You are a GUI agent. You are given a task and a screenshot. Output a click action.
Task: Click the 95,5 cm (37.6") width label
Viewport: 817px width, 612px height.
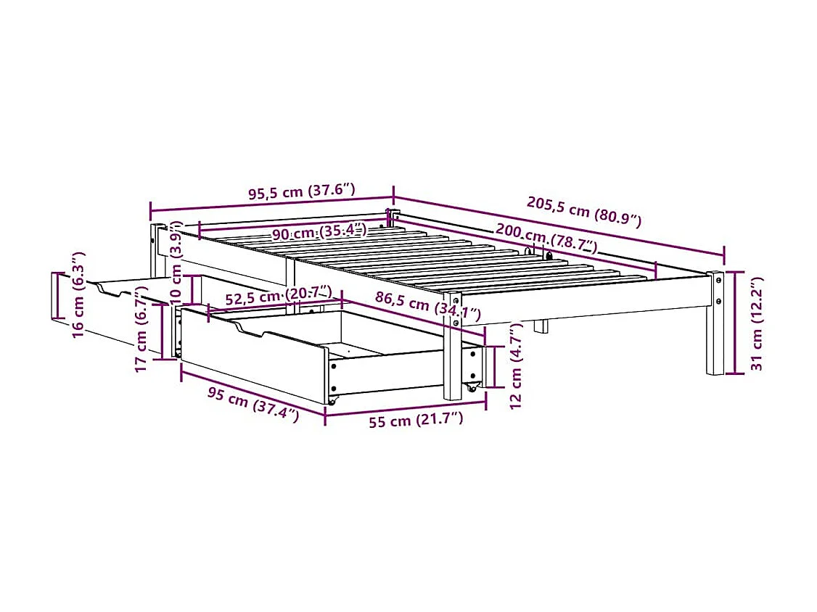[302, 193]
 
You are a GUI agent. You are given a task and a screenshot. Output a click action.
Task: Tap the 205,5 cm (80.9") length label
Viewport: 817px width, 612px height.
[584, 211]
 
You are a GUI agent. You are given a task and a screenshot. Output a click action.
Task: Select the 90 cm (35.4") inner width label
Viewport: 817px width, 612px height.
[319, 233]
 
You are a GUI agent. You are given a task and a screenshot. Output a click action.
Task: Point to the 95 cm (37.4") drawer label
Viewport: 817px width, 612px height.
[253, 405]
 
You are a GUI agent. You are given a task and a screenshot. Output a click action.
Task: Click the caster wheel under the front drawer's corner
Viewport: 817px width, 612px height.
[332, 400]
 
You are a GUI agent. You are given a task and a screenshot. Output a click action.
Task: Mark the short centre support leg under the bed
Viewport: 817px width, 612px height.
[541, 326]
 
